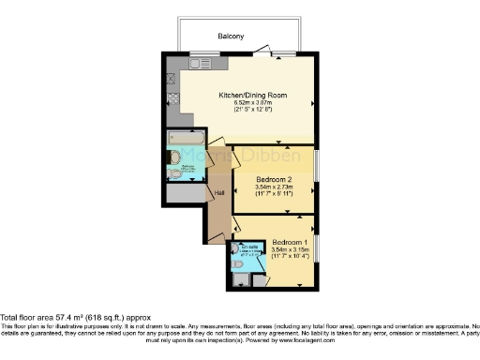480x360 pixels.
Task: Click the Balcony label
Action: click(232, 36)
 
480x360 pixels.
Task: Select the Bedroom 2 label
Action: click(275, 178)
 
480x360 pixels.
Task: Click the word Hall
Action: click(219, 193)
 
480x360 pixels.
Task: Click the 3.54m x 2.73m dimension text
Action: click(275, 187)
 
